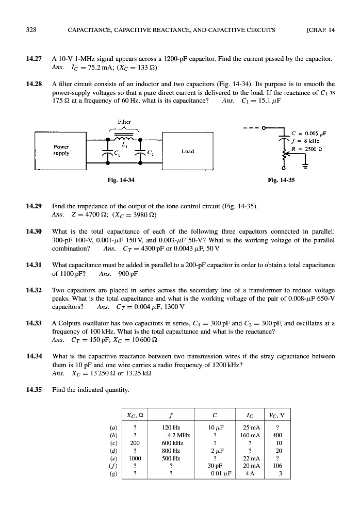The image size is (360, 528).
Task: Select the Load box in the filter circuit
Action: click(x=187, y=152)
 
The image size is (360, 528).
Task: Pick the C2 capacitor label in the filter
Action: click(x=150, y=153)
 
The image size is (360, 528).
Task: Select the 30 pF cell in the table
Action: click(x=214, y=465)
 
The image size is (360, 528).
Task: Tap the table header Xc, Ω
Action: click(x=135, y=416)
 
